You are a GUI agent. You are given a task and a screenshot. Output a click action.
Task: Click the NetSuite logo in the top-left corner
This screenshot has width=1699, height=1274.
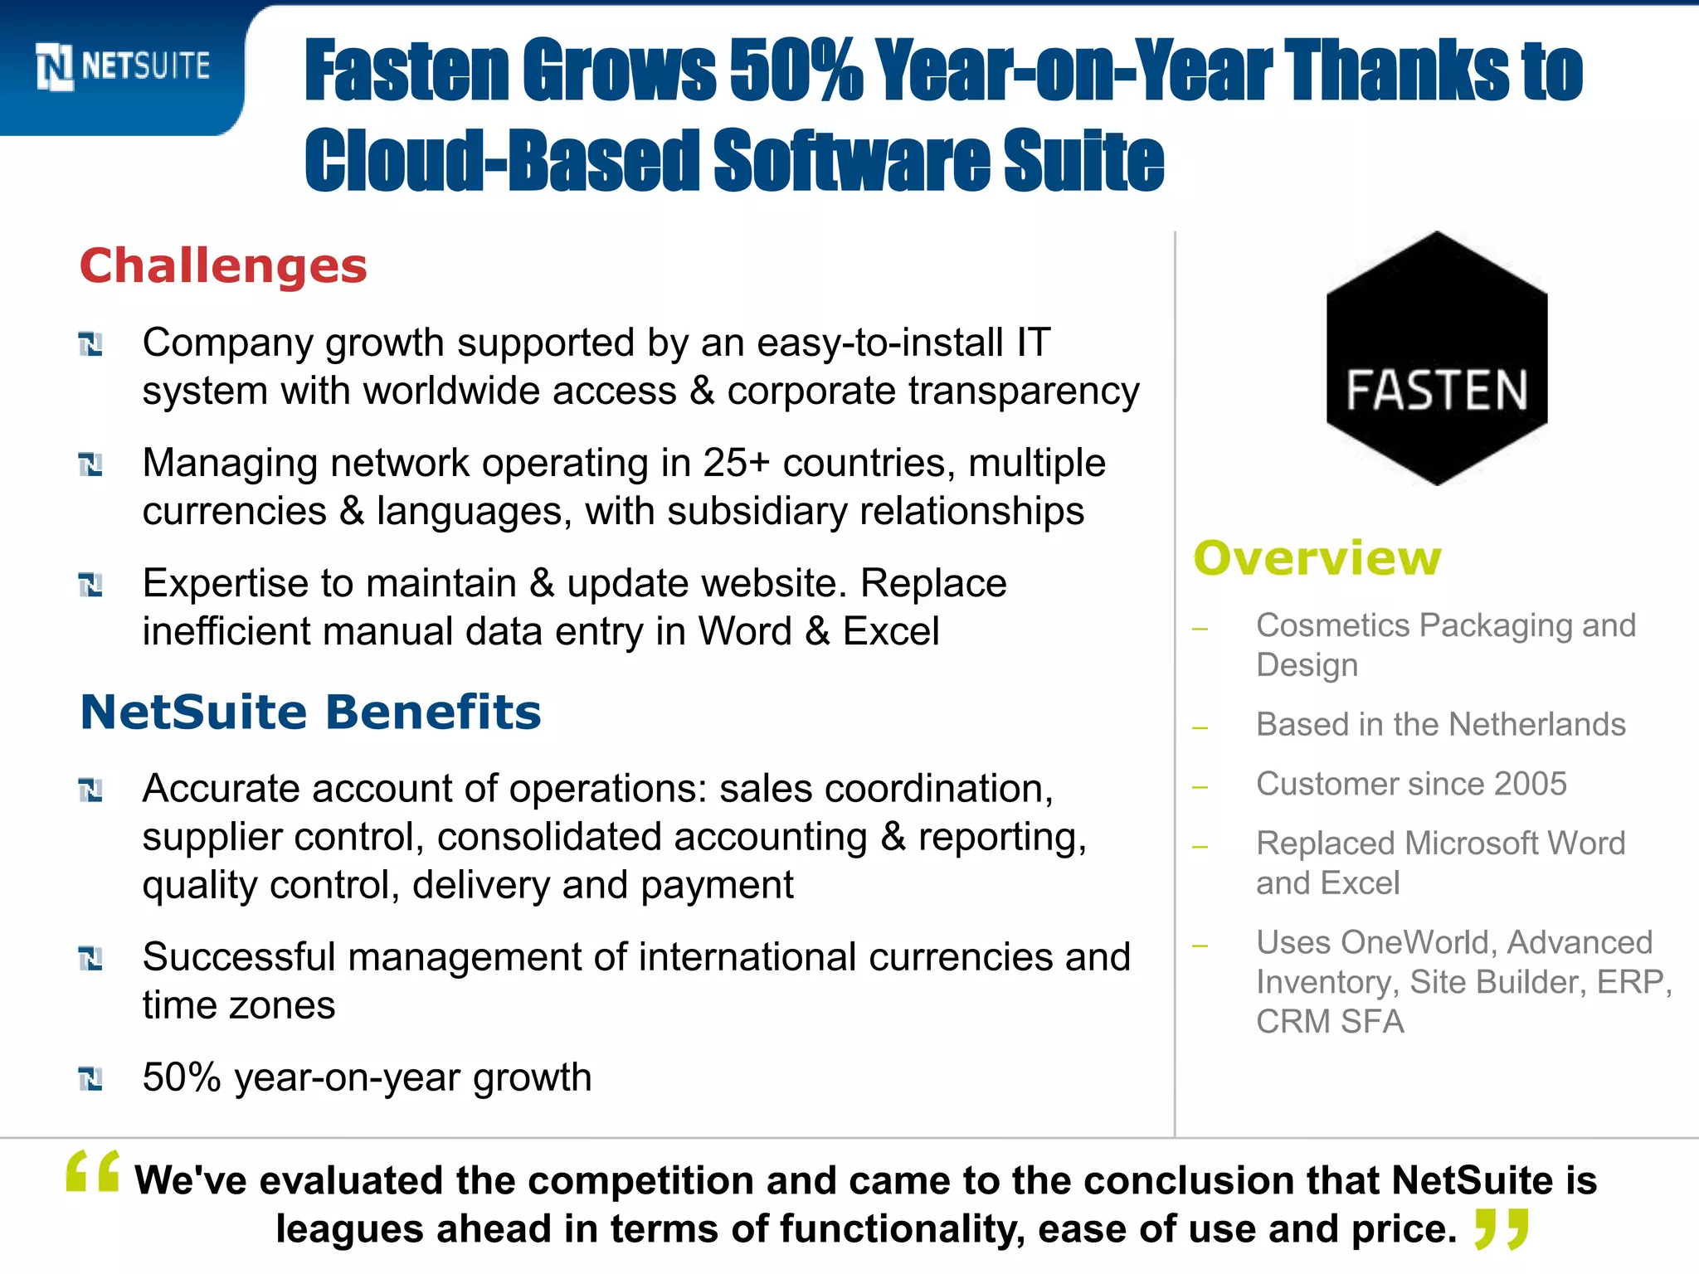123,66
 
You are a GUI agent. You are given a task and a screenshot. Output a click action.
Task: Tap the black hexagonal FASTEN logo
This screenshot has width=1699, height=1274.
1437,358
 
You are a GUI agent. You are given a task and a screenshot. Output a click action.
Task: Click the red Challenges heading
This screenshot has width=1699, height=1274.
223,266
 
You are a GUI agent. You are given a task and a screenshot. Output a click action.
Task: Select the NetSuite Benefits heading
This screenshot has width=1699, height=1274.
310,712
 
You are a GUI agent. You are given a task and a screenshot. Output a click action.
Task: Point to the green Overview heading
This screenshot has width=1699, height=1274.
1317,557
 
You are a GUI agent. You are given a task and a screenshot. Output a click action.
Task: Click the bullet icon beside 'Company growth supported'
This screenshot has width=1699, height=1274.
90,343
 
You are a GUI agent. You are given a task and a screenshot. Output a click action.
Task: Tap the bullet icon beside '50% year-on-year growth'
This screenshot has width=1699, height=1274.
90,1078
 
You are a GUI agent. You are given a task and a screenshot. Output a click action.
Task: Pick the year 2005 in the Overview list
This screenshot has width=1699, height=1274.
1531,784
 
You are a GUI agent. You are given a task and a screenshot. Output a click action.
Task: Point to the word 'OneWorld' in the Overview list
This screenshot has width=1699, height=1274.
1418,942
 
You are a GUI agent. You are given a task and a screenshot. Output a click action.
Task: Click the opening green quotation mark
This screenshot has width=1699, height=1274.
93,1171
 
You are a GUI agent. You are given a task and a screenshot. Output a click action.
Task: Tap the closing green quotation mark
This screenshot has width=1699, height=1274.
1502,1229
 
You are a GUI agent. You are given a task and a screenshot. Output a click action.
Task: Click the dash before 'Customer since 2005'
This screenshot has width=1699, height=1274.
1200,786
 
